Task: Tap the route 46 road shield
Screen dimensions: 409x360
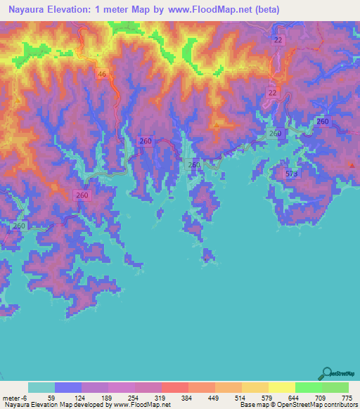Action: point(103,74)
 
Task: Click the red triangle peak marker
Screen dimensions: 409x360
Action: point(352,164)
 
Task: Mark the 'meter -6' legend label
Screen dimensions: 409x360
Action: point(13,397)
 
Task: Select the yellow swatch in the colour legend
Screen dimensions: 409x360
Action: point(281,387)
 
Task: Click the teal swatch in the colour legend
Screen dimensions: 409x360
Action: point(41,387)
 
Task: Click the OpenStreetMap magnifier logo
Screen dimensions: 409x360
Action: point(328,373)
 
